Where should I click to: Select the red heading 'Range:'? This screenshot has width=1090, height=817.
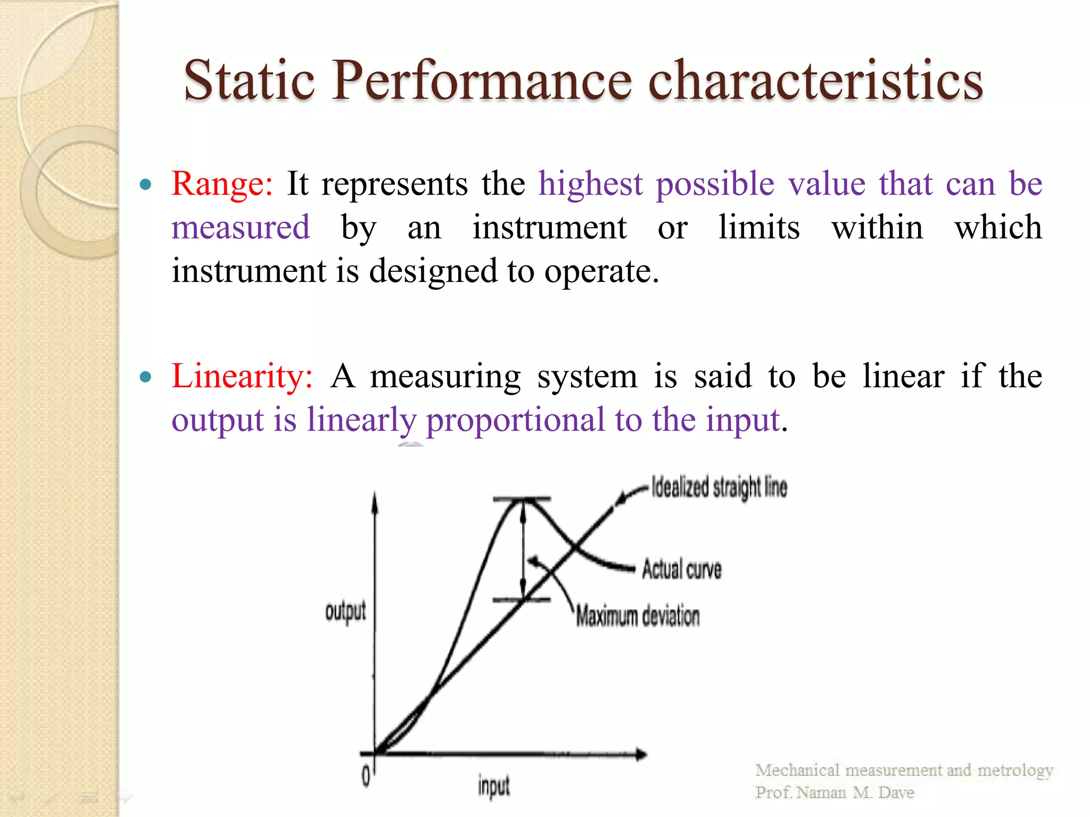coord(222,184)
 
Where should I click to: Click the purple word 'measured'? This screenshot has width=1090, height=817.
coord(241,228)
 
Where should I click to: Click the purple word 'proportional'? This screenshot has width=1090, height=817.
coord(515,420)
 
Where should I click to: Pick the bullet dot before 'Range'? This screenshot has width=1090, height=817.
coord(145,185)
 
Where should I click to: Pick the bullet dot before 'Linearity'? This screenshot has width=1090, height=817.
coord(145,378)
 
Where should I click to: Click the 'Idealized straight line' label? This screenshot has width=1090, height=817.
coord(719,487)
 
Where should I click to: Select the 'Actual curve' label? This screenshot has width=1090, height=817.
coord(682,569)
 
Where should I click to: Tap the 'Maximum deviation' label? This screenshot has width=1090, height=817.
coord(638,616)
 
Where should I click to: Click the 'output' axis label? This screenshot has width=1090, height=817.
coord(345,612)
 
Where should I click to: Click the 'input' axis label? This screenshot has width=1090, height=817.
coord(493,786)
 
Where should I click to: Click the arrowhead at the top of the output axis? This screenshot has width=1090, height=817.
coord(375,500)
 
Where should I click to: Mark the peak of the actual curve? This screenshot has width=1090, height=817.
coord(523,499)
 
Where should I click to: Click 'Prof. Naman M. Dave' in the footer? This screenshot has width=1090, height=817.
coord(835,793)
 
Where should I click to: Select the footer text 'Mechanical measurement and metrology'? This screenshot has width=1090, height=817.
coord(904,770)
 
